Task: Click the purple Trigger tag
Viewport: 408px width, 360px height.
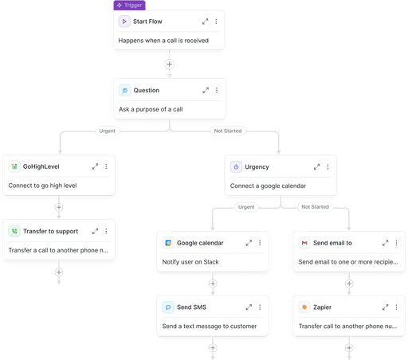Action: point(129,5)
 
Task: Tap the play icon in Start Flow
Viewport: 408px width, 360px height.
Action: point(125,22)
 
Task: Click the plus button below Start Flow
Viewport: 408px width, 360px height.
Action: point(169,64)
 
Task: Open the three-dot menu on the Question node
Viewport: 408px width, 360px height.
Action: point(216,90)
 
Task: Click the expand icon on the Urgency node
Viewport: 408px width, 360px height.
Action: point(316,166)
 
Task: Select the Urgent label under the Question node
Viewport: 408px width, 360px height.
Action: point(108,131)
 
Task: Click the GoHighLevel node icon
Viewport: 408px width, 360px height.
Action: point(15,166)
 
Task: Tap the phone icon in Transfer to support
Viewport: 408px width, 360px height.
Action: point(15,231)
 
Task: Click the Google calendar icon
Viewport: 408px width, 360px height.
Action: point(168,243)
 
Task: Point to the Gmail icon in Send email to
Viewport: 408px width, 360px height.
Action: point(304,243)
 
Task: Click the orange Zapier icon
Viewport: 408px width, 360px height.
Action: point(304,307)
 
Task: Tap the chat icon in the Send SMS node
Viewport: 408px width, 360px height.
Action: point(168,307)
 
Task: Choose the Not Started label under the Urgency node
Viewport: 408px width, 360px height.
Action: point(315,207)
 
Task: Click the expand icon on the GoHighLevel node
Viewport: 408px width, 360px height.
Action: point(95,166)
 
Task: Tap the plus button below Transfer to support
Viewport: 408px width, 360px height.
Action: point(58,271)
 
